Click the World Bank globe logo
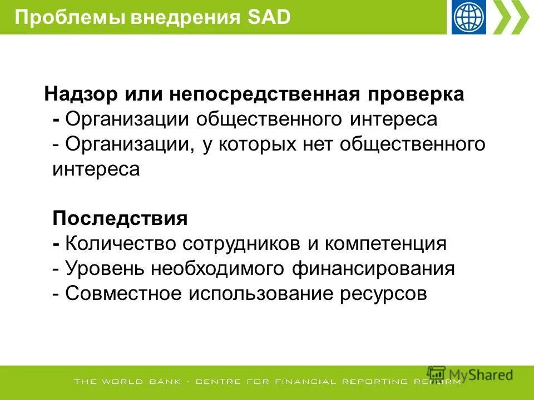tap(469, 17)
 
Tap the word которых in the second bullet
tap(248, 144)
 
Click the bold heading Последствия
tap(120, 218)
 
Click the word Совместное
tap(123, 294)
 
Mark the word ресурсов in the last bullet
tap(383, 294)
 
